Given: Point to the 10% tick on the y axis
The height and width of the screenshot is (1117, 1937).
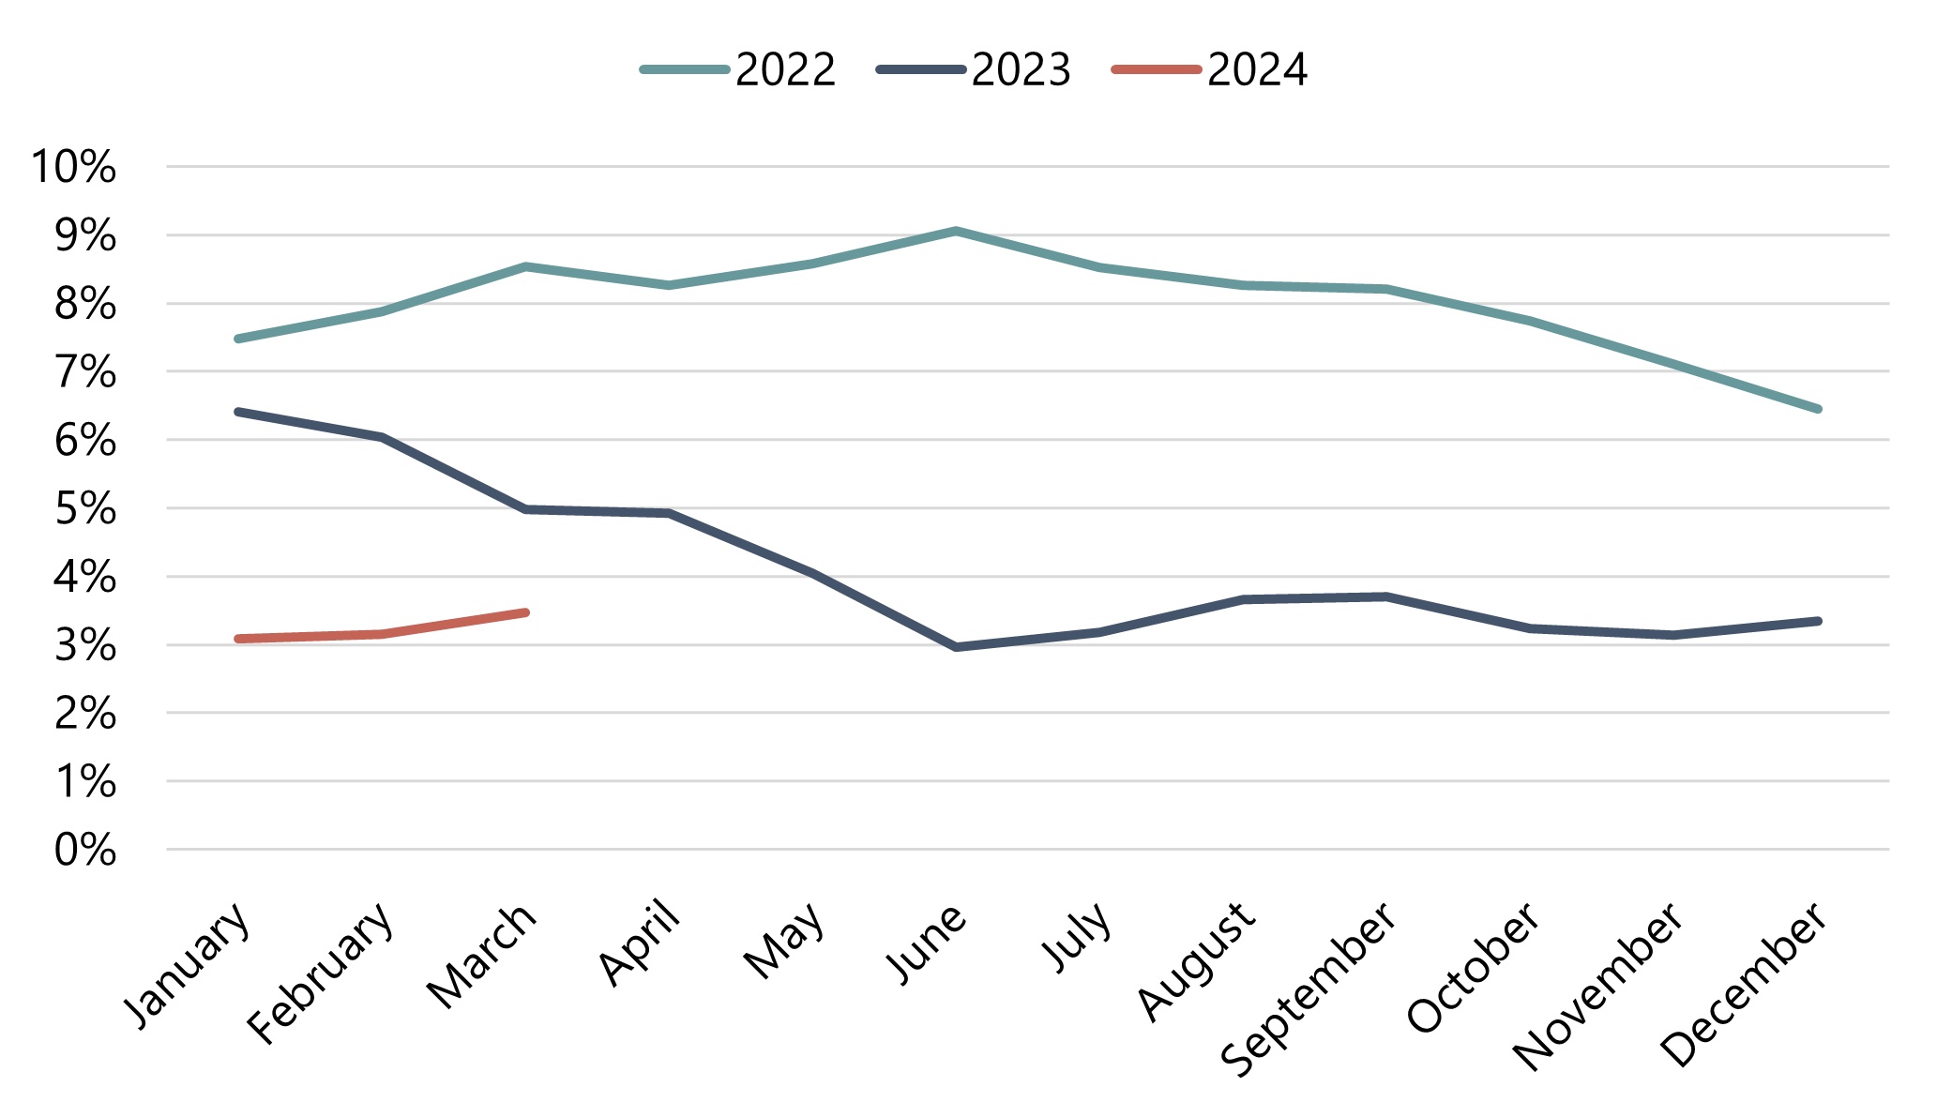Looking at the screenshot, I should pyautogui.click(x=74, y=167).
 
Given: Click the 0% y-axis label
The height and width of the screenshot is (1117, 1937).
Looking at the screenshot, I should pyautogui.click(x=85, y=851).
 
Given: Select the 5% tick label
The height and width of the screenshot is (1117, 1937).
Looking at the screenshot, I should pyautogui.click(x=85, y=509).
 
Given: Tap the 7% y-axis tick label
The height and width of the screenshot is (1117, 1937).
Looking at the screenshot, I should pyautogui.click(x=85, y=373).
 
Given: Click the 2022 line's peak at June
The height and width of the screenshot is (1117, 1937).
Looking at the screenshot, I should pyautogui.click(x=955, y=231).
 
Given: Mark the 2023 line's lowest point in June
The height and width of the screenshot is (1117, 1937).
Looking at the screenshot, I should pyautogui.click(x=956, y=647).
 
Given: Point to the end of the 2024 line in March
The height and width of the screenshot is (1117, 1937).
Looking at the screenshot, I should pyautogui.click(x=525, y=612).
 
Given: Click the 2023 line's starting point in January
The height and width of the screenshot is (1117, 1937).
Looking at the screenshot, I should pyautogui.click(x=238, y=412).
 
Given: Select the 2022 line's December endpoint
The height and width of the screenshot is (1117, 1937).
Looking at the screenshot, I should pyautogui.click(x=1818, y=409).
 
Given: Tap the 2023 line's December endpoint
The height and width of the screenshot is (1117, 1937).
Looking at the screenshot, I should pyautogui.click(x=1818, y=621).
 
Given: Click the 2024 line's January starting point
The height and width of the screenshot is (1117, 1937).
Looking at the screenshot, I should pyautogui.click(x=238, y=639).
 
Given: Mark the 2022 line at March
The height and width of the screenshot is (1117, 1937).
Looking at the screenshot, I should pyautogui.click(x=525, y=266).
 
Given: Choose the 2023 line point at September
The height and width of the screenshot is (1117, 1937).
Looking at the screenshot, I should pyautogui.click(x=1386, y=596).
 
